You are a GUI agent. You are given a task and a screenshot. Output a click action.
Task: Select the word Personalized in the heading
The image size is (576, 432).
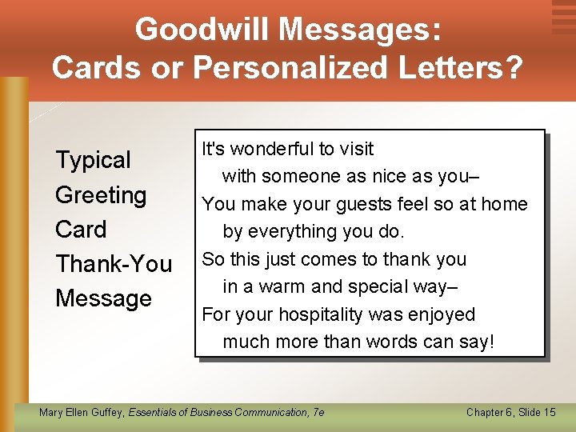click(294, 68)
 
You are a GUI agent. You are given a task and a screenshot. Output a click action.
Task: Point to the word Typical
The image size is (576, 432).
click(93, 160)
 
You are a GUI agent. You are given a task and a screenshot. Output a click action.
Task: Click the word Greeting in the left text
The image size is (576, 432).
click(101, 194)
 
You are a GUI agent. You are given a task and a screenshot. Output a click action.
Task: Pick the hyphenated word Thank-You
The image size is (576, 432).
click(114, 264)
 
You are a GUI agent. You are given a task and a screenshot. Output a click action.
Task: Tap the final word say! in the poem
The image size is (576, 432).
click(477, 342)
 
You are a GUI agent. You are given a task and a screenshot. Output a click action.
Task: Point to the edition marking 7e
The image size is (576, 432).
click(318, 412)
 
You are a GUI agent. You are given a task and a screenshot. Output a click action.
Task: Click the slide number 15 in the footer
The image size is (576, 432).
click(548, 412)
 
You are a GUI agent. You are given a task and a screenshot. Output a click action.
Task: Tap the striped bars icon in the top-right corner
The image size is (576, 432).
click(563, 17)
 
